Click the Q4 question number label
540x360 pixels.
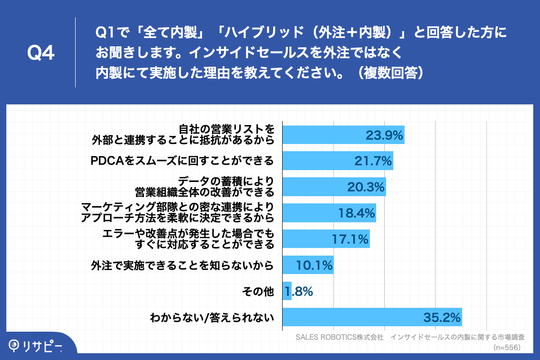tap(41, 53)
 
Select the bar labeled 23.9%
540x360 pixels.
tap(343, 135)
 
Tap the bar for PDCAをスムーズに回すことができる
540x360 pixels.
tap(337, 161)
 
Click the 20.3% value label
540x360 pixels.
tap(365, 187)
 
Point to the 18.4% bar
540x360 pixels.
tap(328, 213)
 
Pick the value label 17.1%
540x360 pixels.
tap(350, 239)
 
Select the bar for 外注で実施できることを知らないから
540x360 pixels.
tap(308, 265)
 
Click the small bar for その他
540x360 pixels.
tap(287, 291)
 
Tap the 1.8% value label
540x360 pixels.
tap(298, 292)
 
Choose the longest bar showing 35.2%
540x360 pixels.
tap(372, 317)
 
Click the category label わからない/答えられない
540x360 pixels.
tap(212, 318)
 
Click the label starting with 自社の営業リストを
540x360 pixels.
tap(183, 135)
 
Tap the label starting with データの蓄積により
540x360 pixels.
tap(205, 187)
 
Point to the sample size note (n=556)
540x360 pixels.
tap(507, 347)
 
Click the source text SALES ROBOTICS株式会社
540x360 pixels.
tap(339, 337)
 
